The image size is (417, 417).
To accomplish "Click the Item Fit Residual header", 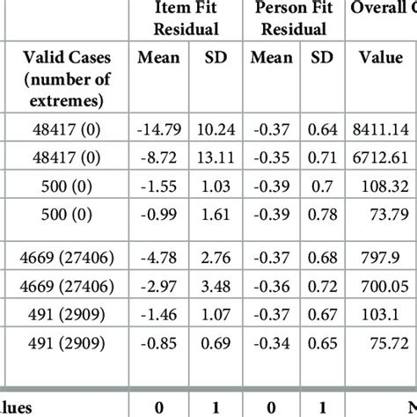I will [x=185, y=18].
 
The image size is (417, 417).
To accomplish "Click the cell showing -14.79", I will [x=159, y=130].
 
